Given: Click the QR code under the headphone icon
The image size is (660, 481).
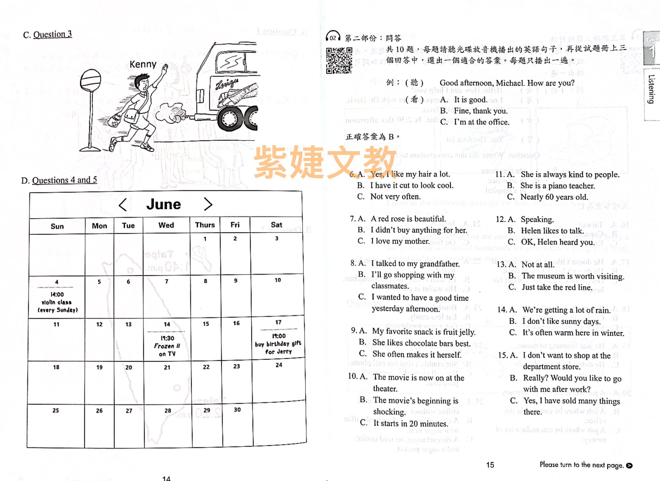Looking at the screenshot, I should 339,60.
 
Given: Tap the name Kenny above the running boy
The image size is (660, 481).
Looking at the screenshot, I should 143,64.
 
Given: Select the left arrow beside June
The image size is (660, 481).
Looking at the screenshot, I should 123,205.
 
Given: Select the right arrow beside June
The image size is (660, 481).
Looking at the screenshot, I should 208,204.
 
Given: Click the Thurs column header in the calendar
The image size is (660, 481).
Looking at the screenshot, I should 205,225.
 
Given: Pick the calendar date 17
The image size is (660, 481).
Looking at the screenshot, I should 278,322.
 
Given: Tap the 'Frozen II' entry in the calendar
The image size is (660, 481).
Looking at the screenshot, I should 167,346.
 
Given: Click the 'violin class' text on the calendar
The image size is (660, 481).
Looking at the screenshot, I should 56,302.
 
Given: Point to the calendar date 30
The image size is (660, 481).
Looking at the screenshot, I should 237,410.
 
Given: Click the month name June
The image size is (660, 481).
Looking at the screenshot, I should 164,204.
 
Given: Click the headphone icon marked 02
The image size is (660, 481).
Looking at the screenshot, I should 333,37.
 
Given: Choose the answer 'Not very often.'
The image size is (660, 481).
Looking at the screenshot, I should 395,197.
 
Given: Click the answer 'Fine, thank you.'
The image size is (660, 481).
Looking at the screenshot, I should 480,111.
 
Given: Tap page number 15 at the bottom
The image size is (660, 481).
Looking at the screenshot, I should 490,465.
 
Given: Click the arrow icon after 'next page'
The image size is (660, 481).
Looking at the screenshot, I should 629,466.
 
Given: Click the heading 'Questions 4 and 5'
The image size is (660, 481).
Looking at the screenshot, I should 64,180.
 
